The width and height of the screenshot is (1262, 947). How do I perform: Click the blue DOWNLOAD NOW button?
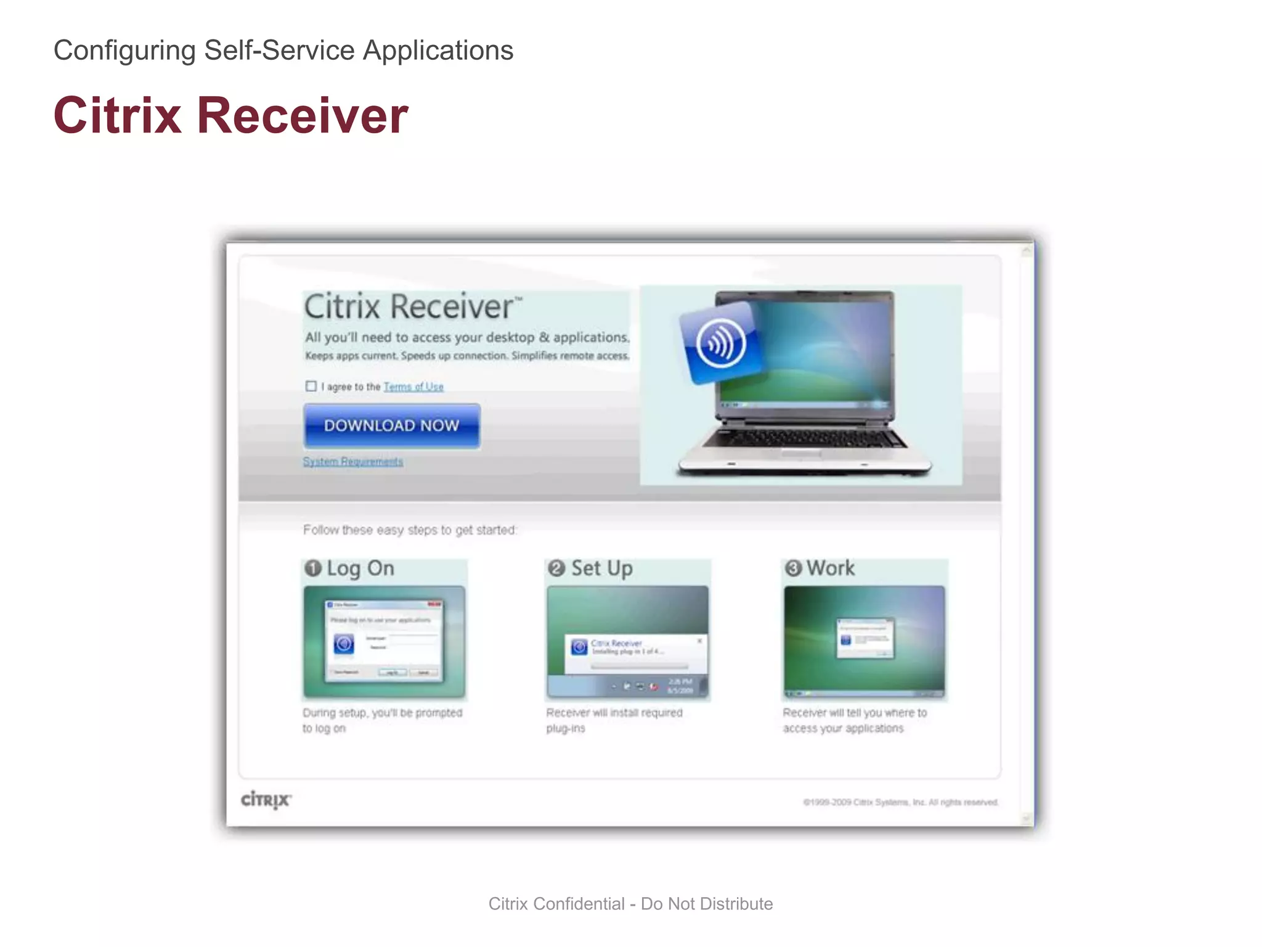[x=392, y=425]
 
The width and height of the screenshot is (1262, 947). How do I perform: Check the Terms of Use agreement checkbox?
[x=311, y=386]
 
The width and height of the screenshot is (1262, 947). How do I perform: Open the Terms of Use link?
[x=413, y=387]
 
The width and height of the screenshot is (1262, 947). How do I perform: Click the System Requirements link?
[x=352, y=461]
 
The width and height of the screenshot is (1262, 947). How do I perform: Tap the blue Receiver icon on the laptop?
[x=720, y=342]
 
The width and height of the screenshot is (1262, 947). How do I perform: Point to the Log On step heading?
[x=360, y=568]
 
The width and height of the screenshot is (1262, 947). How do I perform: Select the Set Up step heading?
[x=601, y=568]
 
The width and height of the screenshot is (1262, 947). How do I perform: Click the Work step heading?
[x=830, y=568]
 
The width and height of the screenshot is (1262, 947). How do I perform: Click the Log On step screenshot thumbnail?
[x=384, y=642]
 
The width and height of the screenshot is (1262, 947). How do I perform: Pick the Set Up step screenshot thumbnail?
[x=627, y=642]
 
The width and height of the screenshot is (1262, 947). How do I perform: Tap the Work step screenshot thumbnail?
[x=864, y=642]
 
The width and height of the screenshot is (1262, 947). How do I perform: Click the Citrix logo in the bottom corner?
[x=266, y=800]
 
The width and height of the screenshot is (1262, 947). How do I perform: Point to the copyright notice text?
[x=900, y=802]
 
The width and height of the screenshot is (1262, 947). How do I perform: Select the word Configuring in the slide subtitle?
[x=124, y=51]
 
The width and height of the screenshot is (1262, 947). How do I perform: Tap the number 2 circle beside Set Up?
[x=556, y=568]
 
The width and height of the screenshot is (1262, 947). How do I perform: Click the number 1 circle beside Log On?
[x=313, y=568]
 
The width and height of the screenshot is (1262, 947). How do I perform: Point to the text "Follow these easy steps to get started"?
[x=410, y=530]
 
